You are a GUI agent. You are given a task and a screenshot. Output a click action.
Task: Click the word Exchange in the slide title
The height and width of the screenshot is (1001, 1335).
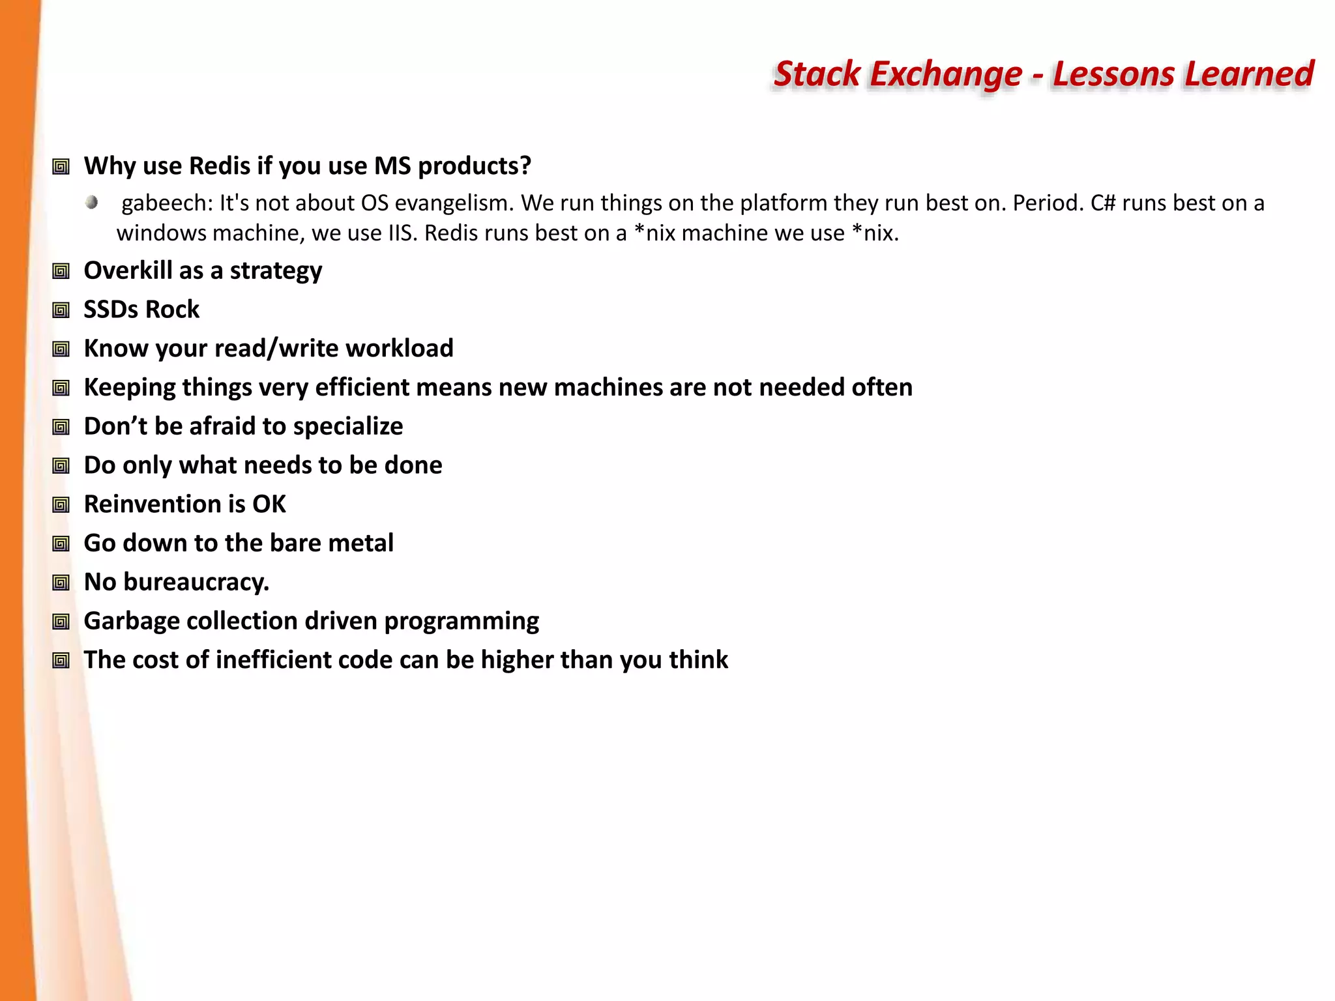click(946, 74)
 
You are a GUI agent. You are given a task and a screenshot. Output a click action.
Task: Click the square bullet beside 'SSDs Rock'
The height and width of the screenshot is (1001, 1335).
click(61, 310)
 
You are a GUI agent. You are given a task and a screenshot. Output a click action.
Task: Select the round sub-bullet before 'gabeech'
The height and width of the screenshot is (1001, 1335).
click(92, 203)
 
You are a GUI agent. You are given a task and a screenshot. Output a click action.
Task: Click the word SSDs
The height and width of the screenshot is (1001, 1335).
click(110, 310)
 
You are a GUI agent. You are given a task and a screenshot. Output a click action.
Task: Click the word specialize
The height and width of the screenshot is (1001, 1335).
click(348, 427)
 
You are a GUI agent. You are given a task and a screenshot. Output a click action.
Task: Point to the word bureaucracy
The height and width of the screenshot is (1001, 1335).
click(196, 582)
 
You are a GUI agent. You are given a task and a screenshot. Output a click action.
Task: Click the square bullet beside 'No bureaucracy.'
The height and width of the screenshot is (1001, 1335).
click(61, 583)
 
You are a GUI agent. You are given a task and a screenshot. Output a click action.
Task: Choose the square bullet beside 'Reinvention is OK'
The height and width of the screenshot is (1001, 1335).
click(61, 505)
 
